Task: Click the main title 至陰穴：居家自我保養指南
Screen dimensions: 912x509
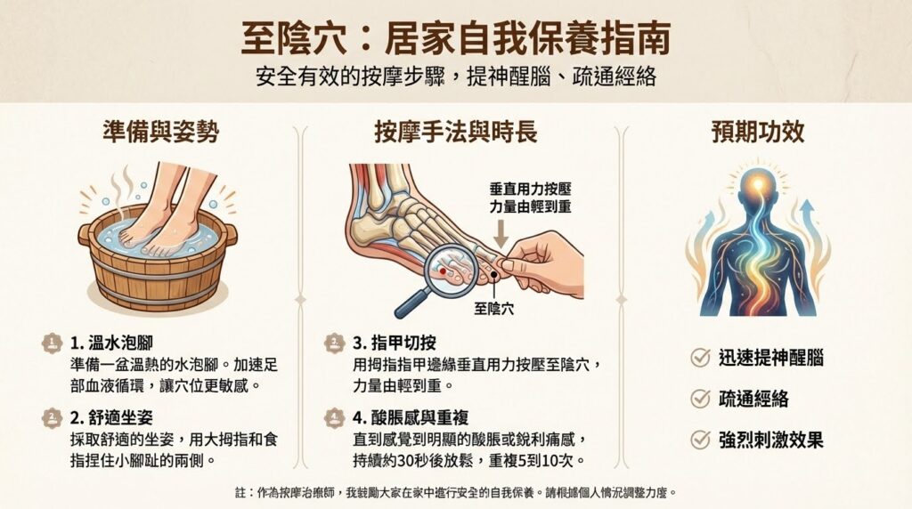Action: pyautogui.click(x=455, y=38)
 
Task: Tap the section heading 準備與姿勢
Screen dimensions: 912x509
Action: pyautogui.click(x=160, y=132)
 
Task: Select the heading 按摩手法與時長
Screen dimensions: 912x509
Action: pyautogui.click(x=455, y=132)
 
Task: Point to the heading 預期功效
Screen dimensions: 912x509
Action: pyautogui.click(x=758, y=132)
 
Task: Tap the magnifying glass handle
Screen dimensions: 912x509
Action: pyautogui.click(x=411, y=303)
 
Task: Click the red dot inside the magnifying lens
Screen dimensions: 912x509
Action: pyautogui.click(x=443, y=271)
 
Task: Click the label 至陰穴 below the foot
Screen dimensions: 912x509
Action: pyautogui.click(x=493, y=309)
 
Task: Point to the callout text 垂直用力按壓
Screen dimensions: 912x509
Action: pyautogui.click(x=531, y=190)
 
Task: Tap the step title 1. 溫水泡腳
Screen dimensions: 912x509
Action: pyautogui.click(x=111, y=343)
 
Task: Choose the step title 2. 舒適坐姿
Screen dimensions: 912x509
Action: pyautogui.click(x=111, y=417)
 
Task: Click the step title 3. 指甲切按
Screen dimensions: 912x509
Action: pyautogui.click(x=395, y=343)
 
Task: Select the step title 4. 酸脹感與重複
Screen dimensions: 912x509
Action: pyautogui.click(x=411, y=417)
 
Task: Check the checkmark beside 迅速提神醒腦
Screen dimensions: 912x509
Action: pyautogui.click(x=701, y=357)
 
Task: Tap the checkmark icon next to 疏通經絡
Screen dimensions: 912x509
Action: pyautogui.click(x=701, y=398)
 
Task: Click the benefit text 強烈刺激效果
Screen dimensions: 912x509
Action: pyautogui.click(x=771, y=440)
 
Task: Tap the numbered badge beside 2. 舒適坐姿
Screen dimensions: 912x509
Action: pyautogui.click(x=52, y=417)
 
